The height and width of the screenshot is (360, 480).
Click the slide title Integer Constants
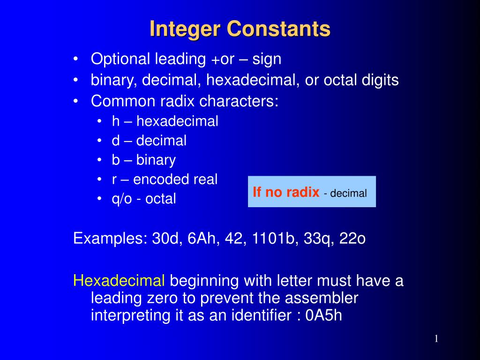240,29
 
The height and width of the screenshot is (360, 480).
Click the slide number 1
436,339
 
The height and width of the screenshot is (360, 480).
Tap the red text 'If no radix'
286,192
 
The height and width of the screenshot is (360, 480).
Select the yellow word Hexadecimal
119,281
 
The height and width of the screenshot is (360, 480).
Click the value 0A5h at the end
323,315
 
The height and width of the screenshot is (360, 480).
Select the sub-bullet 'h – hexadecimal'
165,121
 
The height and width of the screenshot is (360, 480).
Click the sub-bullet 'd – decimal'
149,141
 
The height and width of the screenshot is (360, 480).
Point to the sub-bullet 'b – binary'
143,160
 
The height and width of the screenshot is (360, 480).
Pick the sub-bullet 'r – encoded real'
165,180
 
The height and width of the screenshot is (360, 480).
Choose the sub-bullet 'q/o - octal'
144,199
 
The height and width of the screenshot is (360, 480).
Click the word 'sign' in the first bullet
267,60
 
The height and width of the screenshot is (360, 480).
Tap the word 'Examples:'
111,239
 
